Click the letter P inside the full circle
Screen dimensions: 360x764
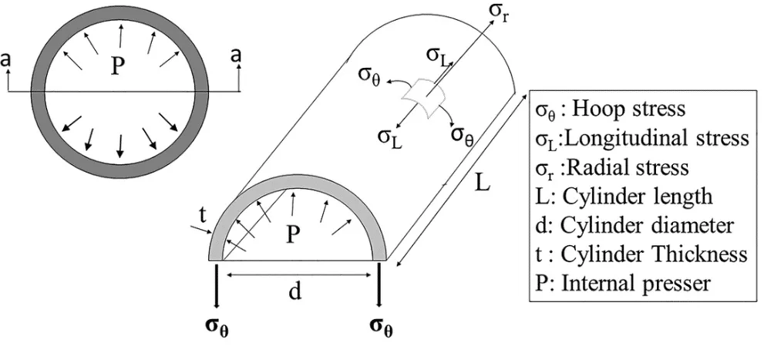coord(116,67)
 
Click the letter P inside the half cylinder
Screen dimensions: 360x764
coord(292,234)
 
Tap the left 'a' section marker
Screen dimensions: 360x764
coord(7,59)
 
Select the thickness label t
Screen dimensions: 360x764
coord(201,217)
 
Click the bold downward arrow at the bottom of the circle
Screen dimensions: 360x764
coord(119,146)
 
